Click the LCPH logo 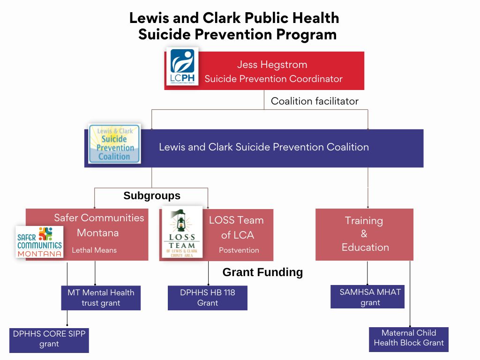pos(182,67)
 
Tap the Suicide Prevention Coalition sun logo pos(115,144)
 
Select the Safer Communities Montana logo pos(39,242)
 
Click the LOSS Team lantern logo pos(182,232)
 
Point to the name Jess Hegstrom pos(272,65)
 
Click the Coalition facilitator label pos(315,101)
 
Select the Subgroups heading pos(152,195)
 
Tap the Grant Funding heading pos(262,272)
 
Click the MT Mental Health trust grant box pos(101,298)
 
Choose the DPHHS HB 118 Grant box pos(208,298)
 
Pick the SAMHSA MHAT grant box pos(367,297)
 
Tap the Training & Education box pos(364,234)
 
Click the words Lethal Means pos(94,250)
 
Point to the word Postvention pos(239,250)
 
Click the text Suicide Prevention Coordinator pos(274,79)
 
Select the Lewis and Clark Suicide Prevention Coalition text pos(264,147)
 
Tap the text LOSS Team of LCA pos(237,227)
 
